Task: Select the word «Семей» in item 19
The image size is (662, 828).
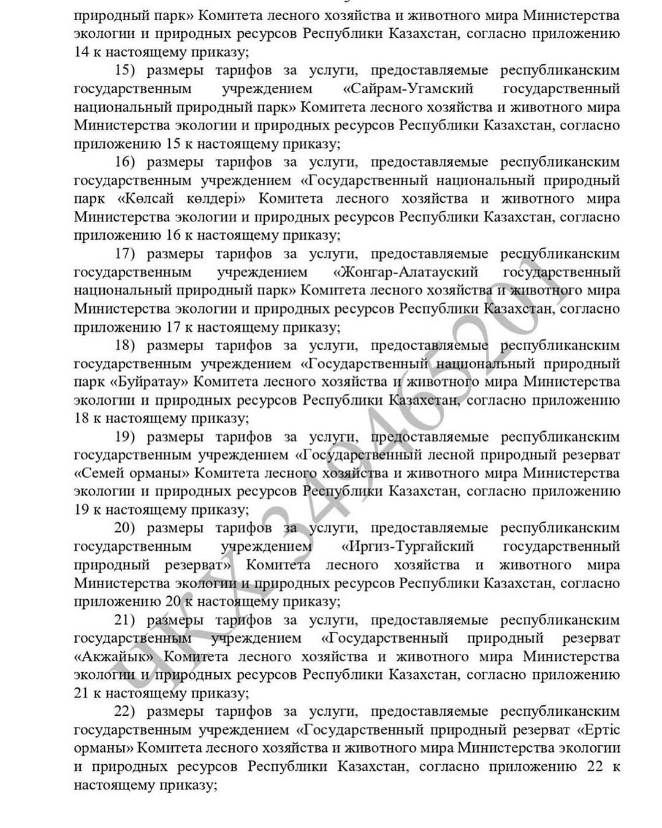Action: pyautogui.click(x=101, y=473)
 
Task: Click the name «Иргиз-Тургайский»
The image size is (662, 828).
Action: pyautogui.click(x=408, y=546)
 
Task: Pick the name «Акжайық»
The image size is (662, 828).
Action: pyautogui.click(x=114, y=657)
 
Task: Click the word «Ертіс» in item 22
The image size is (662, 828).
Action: pyautogui.click(x=598, y=730)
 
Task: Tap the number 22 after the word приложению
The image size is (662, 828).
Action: pyautogui.click(x=595, y=767)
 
